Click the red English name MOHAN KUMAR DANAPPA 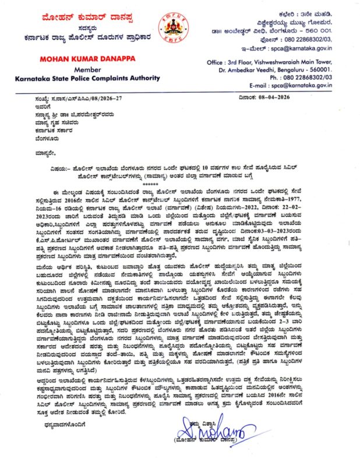click(x=76, y=59)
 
